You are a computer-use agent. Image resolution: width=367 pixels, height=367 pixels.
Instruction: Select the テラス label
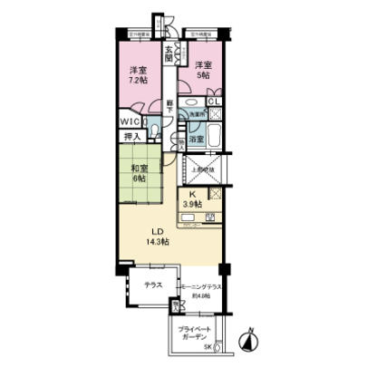click(152, 284)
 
